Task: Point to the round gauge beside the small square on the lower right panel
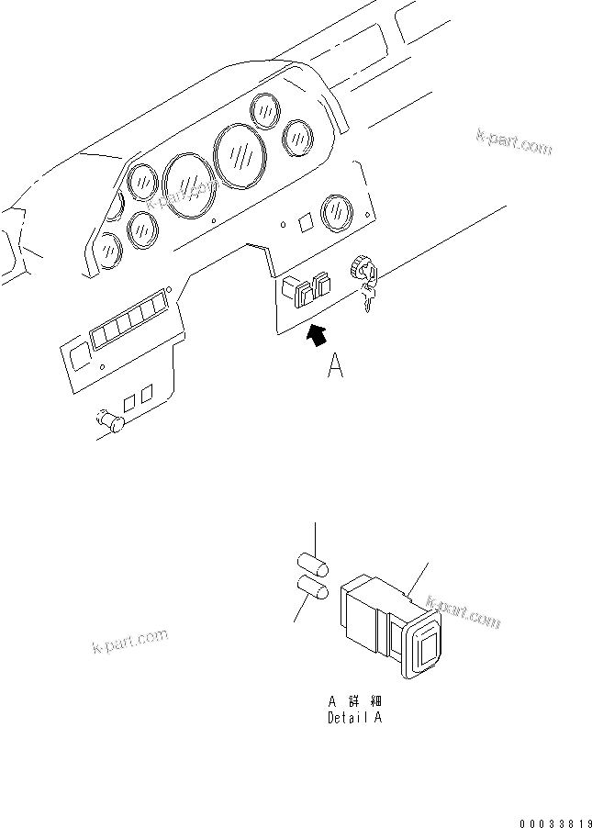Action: coord(336,211)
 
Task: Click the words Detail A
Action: coord(354,718)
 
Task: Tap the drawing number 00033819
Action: coord(548,814)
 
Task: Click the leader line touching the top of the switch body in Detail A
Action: coord(419,581)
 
